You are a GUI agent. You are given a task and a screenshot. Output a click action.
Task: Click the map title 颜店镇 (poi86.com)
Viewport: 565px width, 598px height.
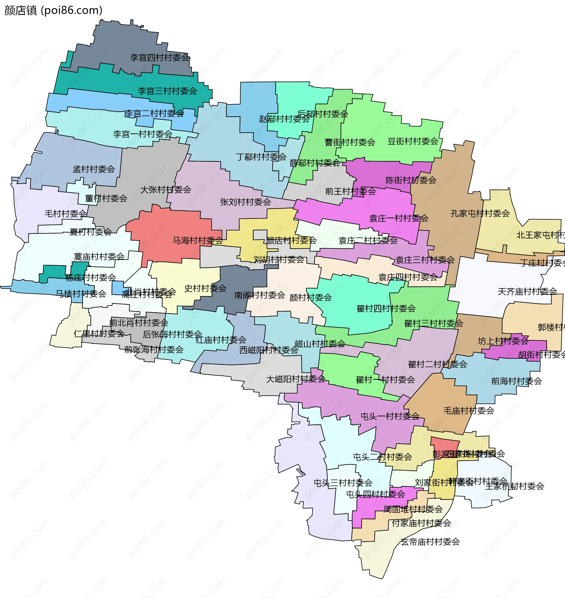coord(54,10)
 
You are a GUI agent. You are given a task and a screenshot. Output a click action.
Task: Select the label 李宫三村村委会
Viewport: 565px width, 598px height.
coord(167,91)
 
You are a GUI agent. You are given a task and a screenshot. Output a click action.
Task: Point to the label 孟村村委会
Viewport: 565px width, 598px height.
coord(94,169)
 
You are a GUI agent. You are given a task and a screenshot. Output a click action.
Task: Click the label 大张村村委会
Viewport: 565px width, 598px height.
coord(166,190)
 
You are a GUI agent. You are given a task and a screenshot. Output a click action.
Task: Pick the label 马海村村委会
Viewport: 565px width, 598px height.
coord(197,240)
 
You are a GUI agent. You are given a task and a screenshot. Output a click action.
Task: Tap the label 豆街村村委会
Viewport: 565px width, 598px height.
coord(413,141)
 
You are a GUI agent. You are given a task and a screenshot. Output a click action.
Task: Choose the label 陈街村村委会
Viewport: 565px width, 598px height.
coord(411,180)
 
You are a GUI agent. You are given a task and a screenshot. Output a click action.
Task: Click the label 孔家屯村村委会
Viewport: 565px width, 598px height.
coord(480,213)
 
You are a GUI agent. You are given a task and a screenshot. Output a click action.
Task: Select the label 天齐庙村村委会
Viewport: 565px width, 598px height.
coord(527,291)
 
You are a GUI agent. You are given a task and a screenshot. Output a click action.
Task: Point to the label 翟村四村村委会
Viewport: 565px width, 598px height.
coord(386,308)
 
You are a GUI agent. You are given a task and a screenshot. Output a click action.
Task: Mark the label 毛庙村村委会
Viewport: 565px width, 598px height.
coord(468,410)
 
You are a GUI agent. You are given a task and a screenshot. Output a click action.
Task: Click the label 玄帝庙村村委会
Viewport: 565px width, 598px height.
coord(430,542)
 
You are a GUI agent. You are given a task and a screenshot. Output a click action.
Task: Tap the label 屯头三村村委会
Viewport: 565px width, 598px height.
coord(343,483)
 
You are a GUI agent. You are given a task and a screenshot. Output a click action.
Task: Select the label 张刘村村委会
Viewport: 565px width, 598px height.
coord(245,202)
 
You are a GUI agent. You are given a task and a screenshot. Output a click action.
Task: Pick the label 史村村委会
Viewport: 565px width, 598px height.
coord(205,288)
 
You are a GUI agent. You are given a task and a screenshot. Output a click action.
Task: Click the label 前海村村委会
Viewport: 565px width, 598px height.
coord(516,381)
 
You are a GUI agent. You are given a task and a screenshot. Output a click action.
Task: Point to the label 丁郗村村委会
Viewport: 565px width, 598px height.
coord(261,157)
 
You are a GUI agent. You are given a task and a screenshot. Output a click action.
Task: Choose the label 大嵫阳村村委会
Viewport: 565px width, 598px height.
coord(295,379)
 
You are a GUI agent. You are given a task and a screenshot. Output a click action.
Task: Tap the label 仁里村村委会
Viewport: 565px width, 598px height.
coord(99,333)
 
